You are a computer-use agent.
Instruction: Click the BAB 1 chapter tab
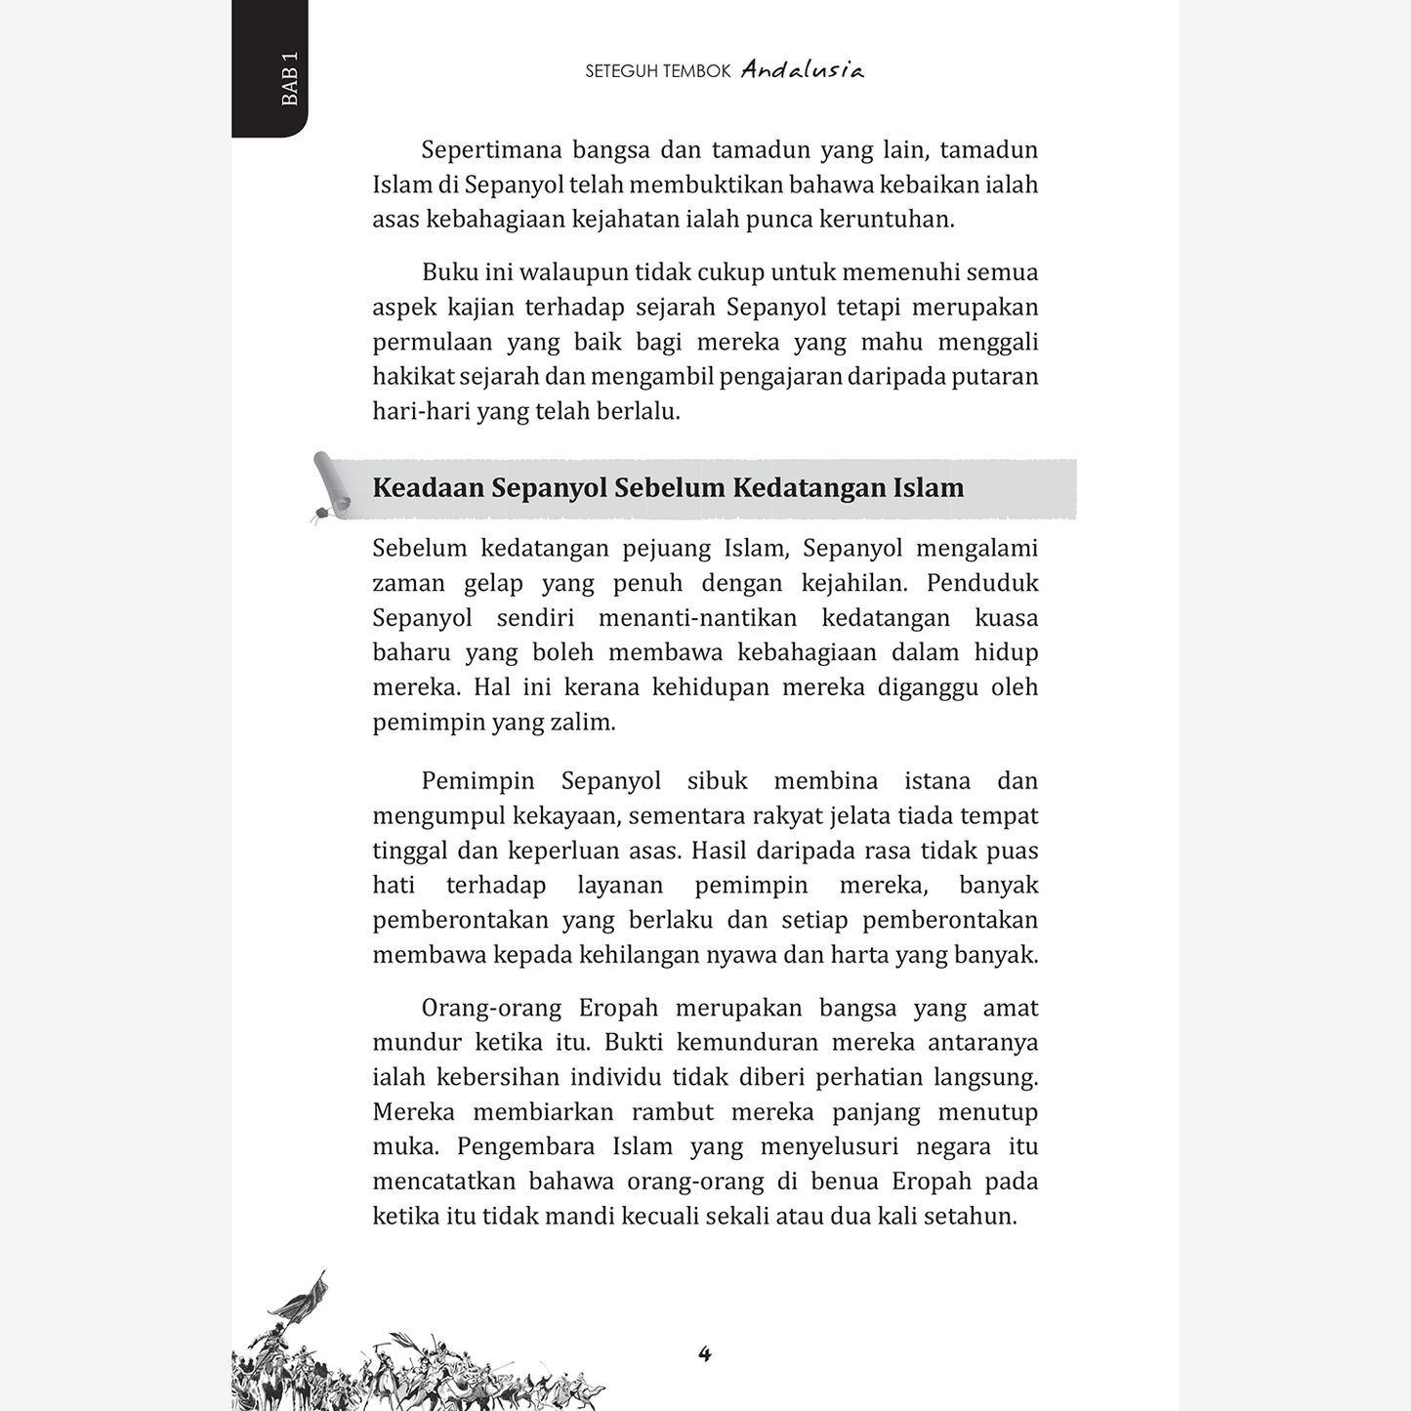[x=288, y=79]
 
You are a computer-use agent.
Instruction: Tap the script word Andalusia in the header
[x=802, y=70]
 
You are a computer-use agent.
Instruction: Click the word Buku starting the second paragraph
[x=446, y=272]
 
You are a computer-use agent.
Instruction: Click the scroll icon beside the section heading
[x=330, y=486]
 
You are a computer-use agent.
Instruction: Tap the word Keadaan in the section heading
[x=428, y=487]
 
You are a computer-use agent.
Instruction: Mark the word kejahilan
[x=853, y=584]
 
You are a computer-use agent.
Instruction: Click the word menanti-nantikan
[x=697, y=618]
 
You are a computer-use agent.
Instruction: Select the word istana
[x=936, y=781]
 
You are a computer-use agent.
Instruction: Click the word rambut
[x=673, y=1112]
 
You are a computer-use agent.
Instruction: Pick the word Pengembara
[x=525, y=1147]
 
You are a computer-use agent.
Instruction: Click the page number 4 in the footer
[x=705, y=1353]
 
